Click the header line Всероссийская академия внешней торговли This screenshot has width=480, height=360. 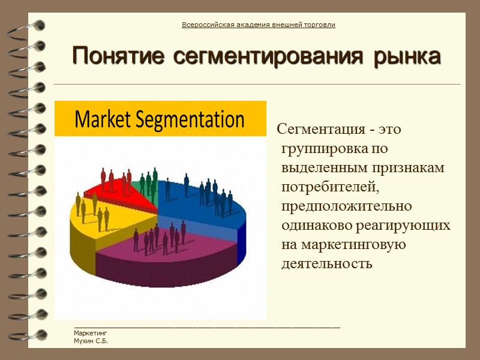click(x=258, y=25)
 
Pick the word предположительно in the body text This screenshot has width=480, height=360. click(x=347, y=206)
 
